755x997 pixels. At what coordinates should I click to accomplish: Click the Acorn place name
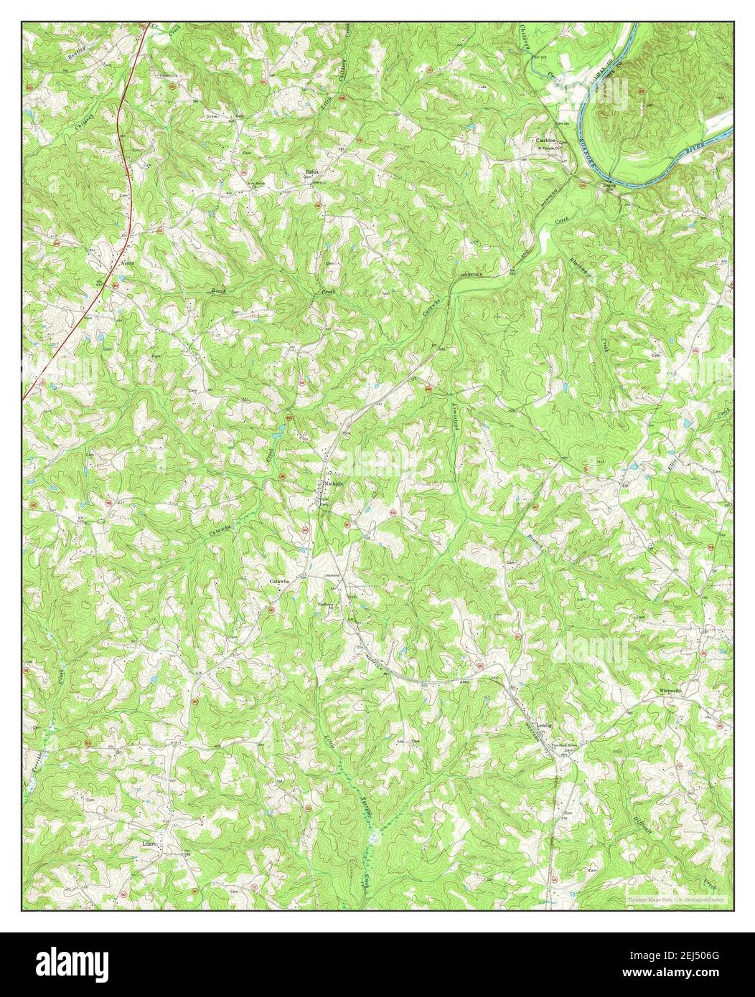128,263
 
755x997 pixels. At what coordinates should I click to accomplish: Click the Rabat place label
311,172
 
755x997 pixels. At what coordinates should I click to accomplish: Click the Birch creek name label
218,290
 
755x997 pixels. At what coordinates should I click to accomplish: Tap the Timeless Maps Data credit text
675,898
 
